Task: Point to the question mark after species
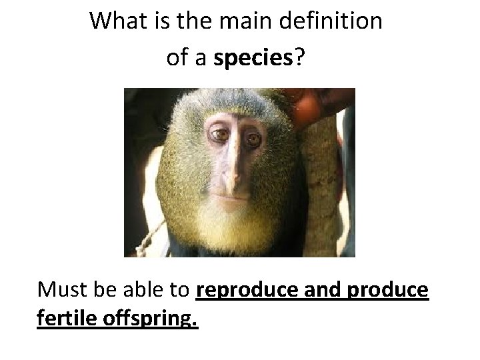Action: tap(300, 59)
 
